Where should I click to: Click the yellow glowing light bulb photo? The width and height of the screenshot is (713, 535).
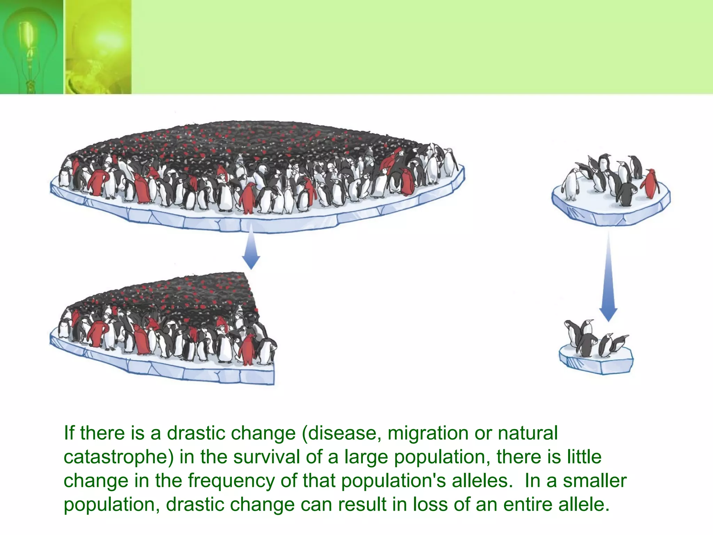click(x=98, y=47)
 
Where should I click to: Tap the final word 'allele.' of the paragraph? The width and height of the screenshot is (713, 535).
click(x=584, y=504)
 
